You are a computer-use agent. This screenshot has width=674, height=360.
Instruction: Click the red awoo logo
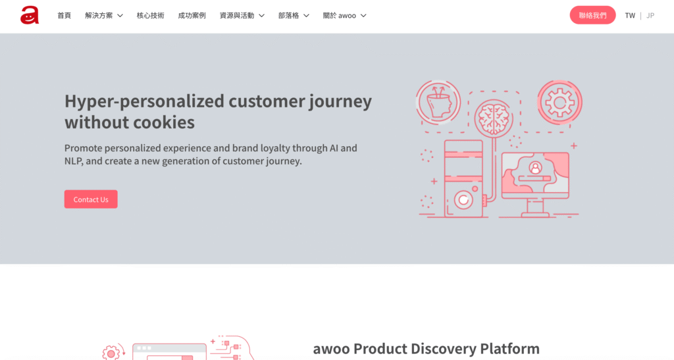(30, 15)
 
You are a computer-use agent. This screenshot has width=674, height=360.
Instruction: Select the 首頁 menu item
(64, 15)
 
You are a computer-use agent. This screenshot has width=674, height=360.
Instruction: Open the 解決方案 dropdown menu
(103, 15)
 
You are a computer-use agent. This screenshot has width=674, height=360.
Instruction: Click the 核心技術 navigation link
(151, 15)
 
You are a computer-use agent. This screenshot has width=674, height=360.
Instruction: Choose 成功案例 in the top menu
(192, 15)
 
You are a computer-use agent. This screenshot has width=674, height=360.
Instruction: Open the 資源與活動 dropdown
(242, 15)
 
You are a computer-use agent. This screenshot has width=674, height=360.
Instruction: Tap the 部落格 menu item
(294, 15)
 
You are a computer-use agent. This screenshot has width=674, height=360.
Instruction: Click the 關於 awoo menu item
(344, 15)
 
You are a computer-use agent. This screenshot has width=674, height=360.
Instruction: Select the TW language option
(630, 15)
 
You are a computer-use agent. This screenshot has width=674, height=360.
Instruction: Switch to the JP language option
(650, 15)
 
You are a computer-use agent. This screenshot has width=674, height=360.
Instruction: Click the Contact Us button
(91, 199)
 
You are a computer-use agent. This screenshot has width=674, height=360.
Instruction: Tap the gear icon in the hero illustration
(559, 102)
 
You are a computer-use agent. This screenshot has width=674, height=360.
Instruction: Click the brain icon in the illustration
(494, 118)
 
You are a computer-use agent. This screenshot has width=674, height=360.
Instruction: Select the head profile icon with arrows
(438, 102)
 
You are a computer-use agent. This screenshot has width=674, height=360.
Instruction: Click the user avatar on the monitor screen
(535, 168)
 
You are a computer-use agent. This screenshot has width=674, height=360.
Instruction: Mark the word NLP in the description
(74, 161)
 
